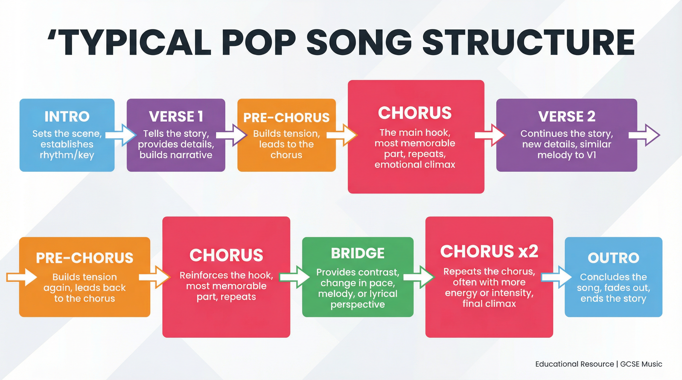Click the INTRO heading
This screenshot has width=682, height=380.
tap(67, 117)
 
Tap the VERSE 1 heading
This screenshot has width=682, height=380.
tap(176, 117)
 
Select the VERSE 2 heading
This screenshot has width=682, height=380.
tap(567, 117)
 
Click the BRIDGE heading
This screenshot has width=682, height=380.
tap(358, 253)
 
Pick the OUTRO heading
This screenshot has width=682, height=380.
tap(613, 258)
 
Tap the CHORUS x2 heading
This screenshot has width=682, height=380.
tap(489, 251)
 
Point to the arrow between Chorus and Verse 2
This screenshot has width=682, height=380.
tap(490, 135)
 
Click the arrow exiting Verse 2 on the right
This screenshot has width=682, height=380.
tap(644, 135)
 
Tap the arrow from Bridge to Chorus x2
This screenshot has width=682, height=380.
tap(419, 277)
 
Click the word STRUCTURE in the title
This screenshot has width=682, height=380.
tap(528, 42)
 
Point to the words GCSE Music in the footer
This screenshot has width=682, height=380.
tap(641, 364)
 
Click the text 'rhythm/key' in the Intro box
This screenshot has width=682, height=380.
tap(67, 155)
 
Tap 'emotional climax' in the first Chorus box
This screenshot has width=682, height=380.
tap(415, 165)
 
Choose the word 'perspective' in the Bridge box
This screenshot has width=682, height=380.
tap(358, 305)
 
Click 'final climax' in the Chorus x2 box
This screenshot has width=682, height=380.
tap(489, 304)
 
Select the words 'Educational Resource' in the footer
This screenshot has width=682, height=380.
tap(574, 364)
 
